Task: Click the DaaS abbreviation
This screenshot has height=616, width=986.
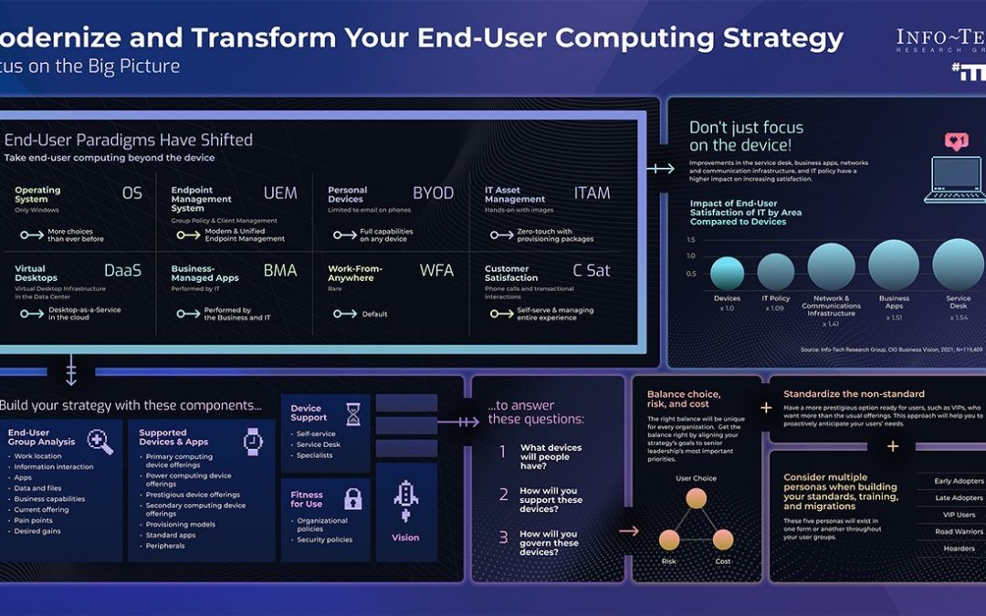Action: [x=123, y=271]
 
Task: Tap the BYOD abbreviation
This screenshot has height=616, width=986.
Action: [x=434, y=193]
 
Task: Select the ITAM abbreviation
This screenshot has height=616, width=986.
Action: [x=593, y=193]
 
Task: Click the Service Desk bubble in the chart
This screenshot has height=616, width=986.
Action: [x=958, y=264]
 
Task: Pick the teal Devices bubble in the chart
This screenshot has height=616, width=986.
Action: [x=727, y=273]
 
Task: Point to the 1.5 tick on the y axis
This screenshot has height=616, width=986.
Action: [x=690, y=240]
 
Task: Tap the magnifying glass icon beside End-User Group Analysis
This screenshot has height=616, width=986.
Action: [x=100, y=442]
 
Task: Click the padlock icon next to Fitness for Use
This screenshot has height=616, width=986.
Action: [x=352, y=499]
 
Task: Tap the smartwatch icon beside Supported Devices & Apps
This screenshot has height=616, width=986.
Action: [x=253, y=442]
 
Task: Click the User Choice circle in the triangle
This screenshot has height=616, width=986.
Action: [x=697, y=498]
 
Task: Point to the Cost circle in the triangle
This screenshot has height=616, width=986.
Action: [x=723, y=538]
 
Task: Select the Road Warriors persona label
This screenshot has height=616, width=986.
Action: [x=959, y=532]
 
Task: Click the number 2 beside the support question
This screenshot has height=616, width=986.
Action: [x=503, y=495]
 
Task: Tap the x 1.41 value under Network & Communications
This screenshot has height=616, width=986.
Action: [x=831, y=324]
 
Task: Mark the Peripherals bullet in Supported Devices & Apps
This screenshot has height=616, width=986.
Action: [x=164, y=546]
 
